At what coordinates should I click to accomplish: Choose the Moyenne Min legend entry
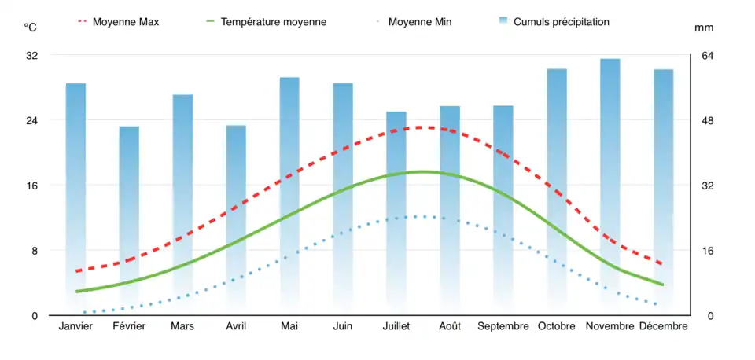[x=420, y=22]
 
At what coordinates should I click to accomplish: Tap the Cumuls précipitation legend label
[x=561, y=22]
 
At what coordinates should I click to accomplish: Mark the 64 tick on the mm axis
[x=708, y=56]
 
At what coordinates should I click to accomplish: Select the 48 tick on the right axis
[x=708, y=121]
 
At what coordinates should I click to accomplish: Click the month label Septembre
[x=503, y=326]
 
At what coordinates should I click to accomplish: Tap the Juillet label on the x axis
[x=396, y=326]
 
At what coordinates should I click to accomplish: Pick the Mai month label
[x=289, y=326]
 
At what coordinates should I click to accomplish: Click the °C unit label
[x=30, y=28]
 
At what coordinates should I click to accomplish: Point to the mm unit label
[x=703, y=28]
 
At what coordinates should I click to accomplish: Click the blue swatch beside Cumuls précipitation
[x=503, y=21]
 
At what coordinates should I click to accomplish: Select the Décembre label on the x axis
[x=664, y=326]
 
